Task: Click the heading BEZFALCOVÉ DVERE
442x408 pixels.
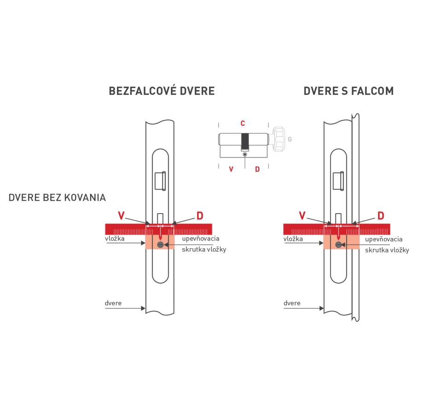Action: point(162,91)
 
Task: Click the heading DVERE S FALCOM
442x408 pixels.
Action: point(349,91)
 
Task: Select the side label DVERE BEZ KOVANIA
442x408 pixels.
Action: point(57,198)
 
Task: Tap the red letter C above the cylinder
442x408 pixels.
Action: point(243,123)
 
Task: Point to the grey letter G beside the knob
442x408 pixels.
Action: point(290,139)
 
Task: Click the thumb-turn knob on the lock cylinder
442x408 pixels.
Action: point(278,139)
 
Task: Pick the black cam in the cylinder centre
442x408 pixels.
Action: point(245,141)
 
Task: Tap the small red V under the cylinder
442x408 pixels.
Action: point(231,169)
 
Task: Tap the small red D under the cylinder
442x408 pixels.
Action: point(257,169)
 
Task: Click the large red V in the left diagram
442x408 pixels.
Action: point(121,216)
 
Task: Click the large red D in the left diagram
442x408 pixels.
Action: point(199,216)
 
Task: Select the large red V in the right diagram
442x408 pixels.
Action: point(302,216)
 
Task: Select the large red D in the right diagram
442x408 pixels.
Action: point(381,216)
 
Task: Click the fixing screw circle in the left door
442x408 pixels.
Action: point(160,245)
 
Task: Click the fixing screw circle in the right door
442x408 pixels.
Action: point(338,245)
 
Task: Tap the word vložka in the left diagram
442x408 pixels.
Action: point(115,239)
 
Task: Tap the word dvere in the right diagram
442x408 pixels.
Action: point(292,303)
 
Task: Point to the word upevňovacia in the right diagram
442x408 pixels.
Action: point(384,239)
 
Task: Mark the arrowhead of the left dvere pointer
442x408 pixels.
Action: point(143,308)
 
